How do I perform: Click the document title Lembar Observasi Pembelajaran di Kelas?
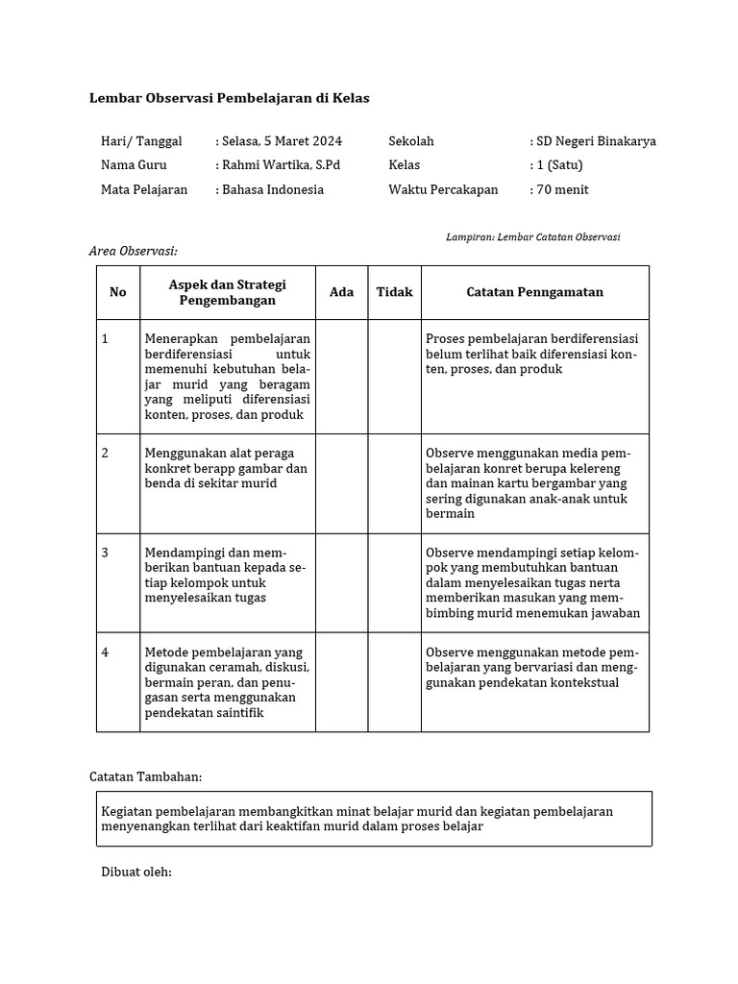pyautogui.click(x=229, y=98)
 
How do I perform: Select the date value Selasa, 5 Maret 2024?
pyautogui.click(x=279, y=141)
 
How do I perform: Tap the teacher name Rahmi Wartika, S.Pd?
pyautogui.click(x=279, y=165)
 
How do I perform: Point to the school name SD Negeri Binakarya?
pyautogui.click(x=593, y=141)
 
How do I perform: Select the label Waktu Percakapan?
pyautogui.click(x=443, y=189)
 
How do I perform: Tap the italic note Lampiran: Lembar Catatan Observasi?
pyautogui.click(x=533, y=236)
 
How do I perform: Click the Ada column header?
pyautogui.click(x=341, y=292)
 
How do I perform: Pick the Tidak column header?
pyautogui.click(x=394, y=292)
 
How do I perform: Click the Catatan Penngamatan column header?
pyautogui.click(x=534, y=292)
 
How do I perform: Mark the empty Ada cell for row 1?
pyautogui.click(x=341, y=376)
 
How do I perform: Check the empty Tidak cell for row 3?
pyautogui.click(x=394, y=583)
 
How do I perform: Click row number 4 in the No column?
pyautogui.click(x=106, y=652)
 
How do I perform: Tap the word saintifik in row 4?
pyautogui.click(x=235, y=713)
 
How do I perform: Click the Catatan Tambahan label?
pyautogui.click(x=145, y=776)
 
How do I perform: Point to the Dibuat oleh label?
pyautogui.click(x=136, y=872)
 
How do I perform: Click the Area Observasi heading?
pyautogui.click(x=134, y=251)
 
